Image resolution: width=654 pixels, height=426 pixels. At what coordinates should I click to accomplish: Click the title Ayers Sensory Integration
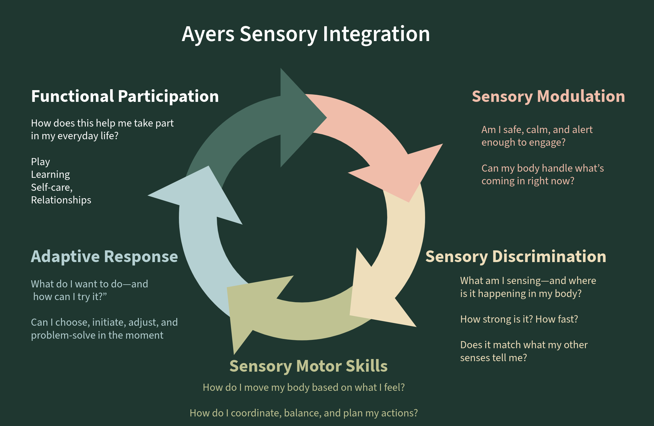coord(305,34)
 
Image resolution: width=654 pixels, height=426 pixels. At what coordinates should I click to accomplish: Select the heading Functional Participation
coord(125,96)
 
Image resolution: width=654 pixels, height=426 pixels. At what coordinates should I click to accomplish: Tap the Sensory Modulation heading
coord(548,96)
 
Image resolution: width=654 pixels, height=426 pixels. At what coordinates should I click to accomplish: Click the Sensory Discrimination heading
coord(515,257)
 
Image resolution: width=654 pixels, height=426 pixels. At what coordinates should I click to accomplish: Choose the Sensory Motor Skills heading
coord(308,366)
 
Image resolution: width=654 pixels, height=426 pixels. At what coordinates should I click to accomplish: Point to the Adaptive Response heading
coord(104,257)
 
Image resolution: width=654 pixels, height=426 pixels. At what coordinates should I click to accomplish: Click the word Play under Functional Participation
coord(40,162)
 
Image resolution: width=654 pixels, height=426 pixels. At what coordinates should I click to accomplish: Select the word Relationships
coord(61,200)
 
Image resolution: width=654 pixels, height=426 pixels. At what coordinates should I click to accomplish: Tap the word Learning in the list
coord(50,175)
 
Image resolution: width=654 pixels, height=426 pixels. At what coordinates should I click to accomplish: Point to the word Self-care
coord(52,187)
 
